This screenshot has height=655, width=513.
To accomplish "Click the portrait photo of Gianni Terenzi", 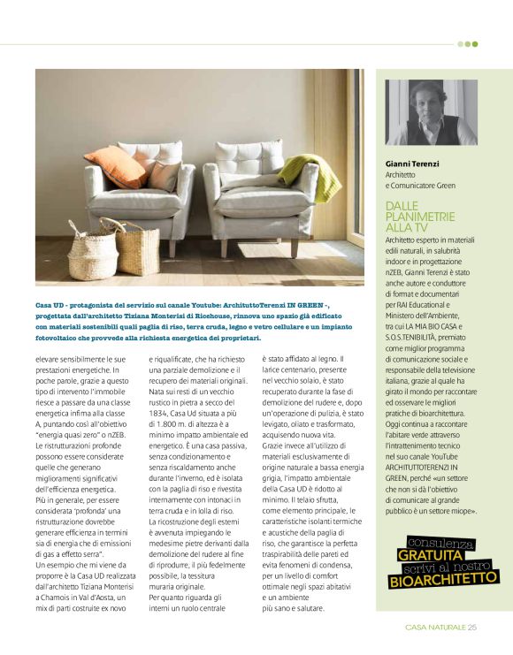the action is [431, 112].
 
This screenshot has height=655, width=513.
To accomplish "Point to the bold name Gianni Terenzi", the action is [414, 164].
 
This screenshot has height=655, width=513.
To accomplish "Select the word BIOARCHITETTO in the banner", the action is [443, 580].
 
